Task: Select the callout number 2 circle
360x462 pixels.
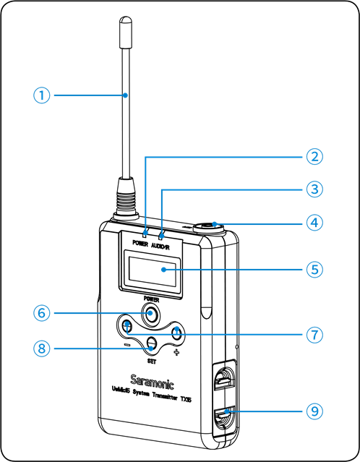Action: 313,156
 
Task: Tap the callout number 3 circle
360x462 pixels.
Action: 313,189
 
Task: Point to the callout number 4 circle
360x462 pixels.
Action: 313,223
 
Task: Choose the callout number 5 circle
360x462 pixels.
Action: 313,270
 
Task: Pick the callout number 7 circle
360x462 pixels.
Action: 313,335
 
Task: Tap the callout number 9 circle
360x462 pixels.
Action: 313,411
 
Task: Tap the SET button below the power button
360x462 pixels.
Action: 151,343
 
